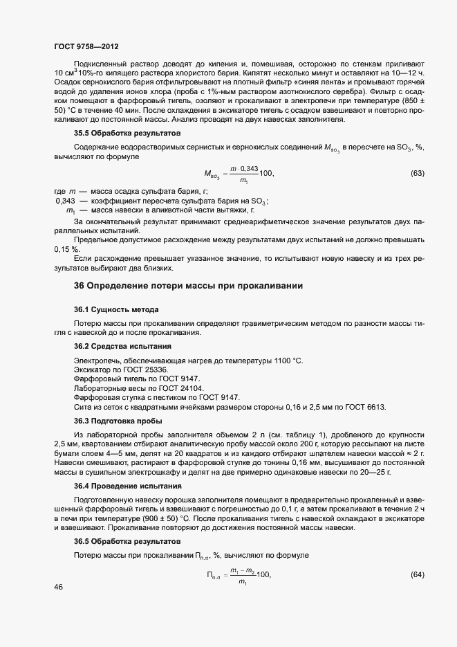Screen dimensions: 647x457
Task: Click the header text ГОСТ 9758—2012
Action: point(86,46)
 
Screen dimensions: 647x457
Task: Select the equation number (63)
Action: point(417,173)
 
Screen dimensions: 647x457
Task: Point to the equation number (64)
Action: point(417,575)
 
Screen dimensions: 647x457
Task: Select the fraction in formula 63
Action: point(243,174)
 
